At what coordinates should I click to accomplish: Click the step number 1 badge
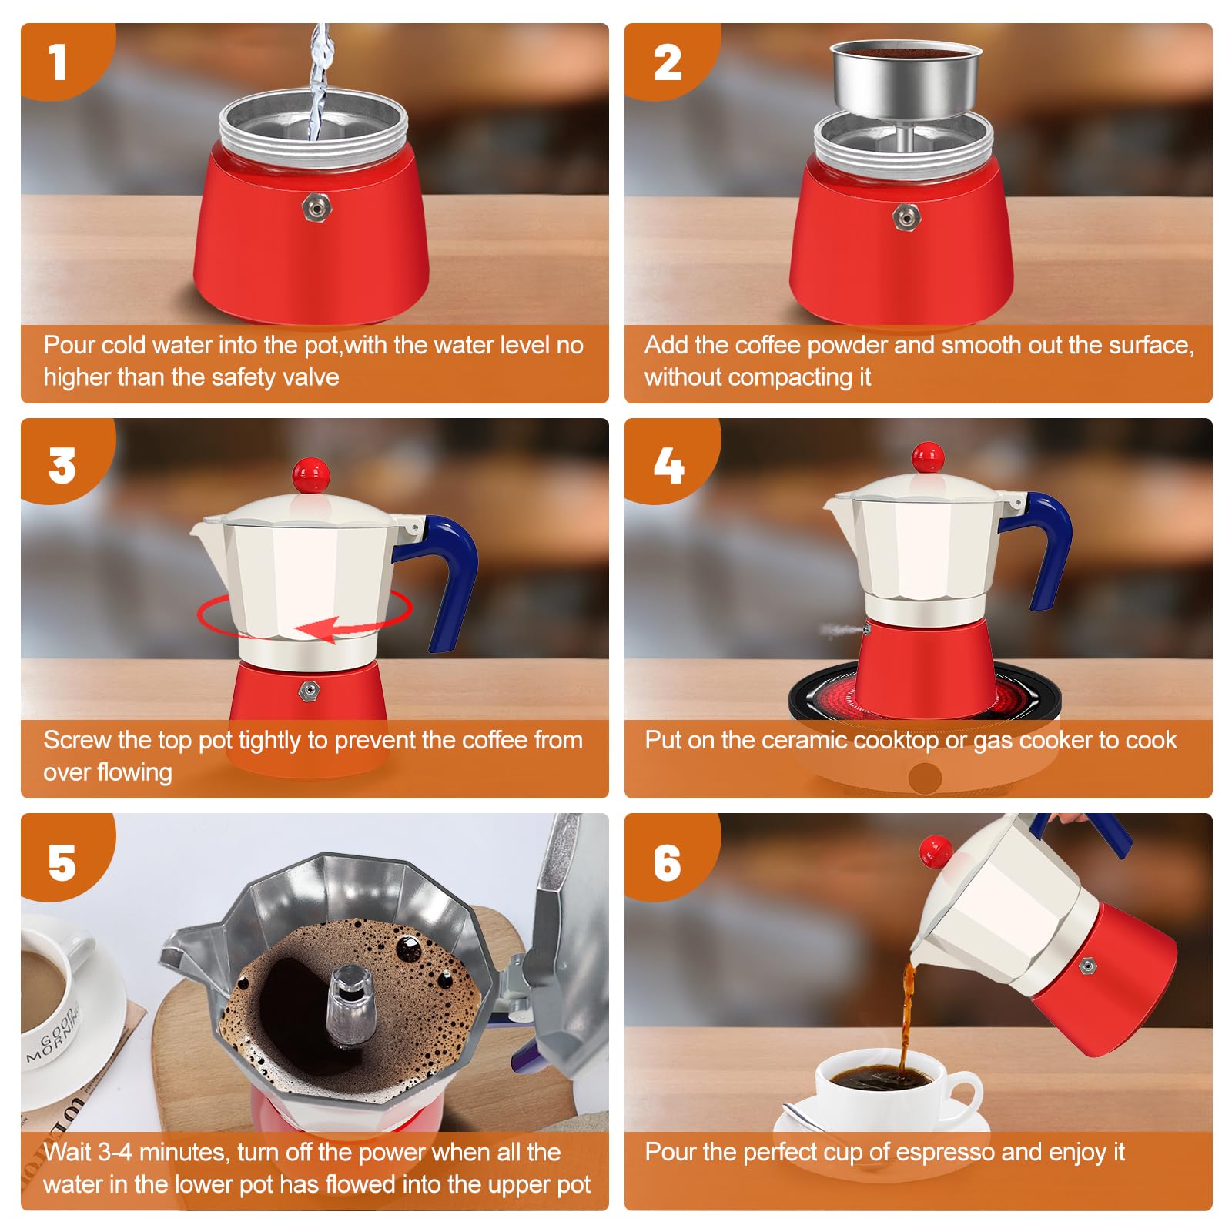(x=59, y=62)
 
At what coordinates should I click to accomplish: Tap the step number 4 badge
(x=668, y=464)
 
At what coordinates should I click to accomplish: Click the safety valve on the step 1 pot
(x=316, y=206)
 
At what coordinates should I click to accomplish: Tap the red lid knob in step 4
(x=928, y=458)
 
